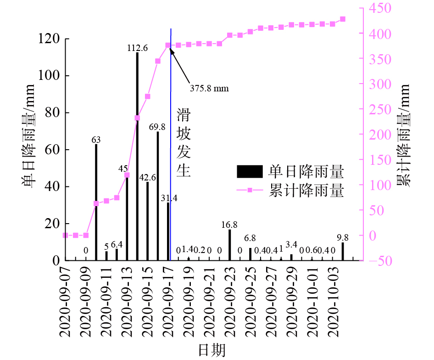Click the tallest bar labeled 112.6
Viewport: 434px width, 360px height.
(x=137, y=156)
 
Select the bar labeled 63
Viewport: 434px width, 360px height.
(x=96, y=202)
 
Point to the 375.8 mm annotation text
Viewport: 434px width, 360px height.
(x=209, y=88)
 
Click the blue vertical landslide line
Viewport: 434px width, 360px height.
(x=171, y=138)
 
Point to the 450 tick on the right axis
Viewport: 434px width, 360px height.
(x=378, y=9)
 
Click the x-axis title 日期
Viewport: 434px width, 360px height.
(x=211, y=350)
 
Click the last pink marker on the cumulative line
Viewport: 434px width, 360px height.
(x=343, y=19)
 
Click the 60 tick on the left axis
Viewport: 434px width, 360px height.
(x=54, y=150)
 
